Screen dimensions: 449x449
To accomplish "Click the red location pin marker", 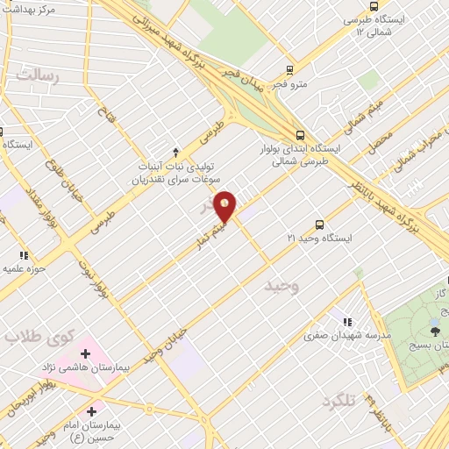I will [226, 206].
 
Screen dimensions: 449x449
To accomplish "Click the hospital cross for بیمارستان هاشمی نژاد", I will [85, 353].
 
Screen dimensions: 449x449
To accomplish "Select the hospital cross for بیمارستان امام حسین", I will [92, 410].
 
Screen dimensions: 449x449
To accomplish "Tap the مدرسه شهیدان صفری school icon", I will [348, 322].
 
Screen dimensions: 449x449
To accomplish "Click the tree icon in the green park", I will [435, 331].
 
